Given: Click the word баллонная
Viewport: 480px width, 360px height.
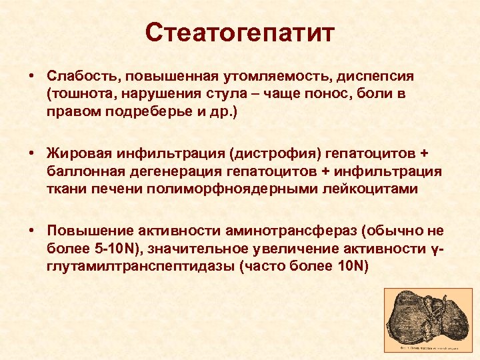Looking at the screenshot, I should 81,171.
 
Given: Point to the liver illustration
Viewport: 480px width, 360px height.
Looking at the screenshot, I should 429,319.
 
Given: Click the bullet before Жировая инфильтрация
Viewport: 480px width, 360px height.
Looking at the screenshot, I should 32,155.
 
